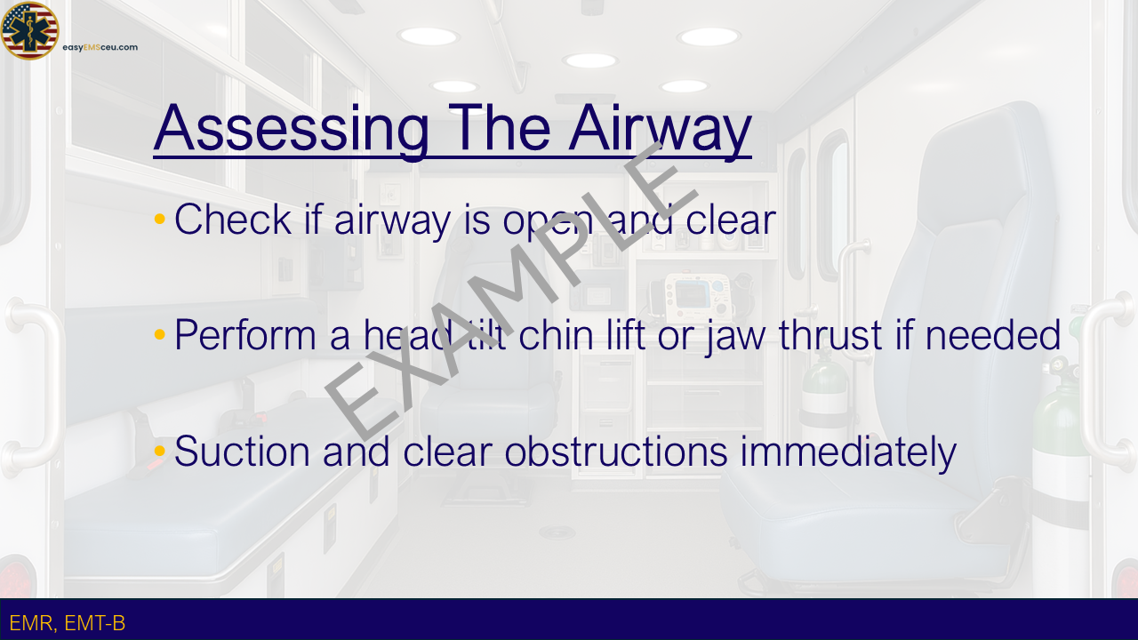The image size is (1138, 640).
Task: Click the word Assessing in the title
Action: (292, 129)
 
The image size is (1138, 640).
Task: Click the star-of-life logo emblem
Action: (29, 30)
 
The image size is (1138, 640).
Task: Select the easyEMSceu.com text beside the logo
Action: (100, 47)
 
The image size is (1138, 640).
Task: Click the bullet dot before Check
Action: (159, 219)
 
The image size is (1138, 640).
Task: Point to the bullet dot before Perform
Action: (159, 334)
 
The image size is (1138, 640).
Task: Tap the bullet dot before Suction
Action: (159, 451)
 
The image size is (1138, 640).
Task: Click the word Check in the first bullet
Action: (233, 219)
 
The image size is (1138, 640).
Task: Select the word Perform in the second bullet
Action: (245, 335)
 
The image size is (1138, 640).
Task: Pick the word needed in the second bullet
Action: (993, 335)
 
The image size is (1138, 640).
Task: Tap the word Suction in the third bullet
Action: (242, 451)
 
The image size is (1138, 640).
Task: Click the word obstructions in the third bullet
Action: (616, 451)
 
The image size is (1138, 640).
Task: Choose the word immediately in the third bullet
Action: (848, 453)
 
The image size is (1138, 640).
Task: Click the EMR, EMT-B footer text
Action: (67, 623)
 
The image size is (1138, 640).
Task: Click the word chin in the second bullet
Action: (556, 335)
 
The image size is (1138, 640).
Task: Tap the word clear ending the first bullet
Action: (731, 219)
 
